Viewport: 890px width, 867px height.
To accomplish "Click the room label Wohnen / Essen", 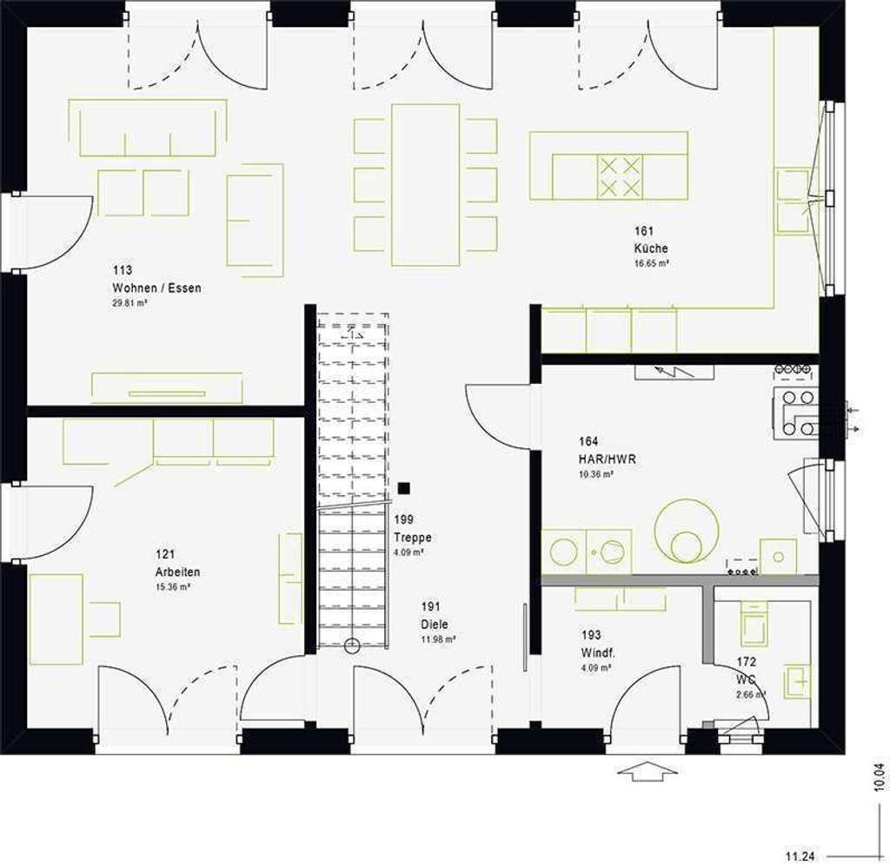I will (x=156, y=288).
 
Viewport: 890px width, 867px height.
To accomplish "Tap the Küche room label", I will (x=650, y=248).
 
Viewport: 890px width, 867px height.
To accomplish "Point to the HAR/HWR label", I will (x=606, y=459).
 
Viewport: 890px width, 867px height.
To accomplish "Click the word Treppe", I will (x=412, y=538).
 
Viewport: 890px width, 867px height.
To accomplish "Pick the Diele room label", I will (x=435, y=624).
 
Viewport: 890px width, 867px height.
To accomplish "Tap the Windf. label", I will (x=597, y=652).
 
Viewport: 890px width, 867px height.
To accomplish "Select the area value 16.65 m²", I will (x=651, y=262).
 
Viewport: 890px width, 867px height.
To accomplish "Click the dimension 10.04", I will (x=880, y=775).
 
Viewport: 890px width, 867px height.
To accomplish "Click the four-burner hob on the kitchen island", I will (x=619, y=176).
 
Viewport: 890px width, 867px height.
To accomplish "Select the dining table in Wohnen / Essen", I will (x=426, y=185).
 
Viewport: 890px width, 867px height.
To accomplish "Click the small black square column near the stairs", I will (x=403, y=490).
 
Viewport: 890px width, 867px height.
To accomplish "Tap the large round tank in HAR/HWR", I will (x=687, y=528).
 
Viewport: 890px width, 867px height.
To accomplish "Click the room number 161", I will (x=643, y=232).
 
